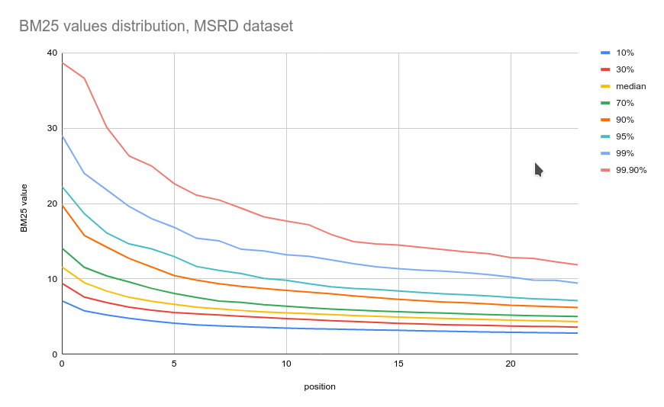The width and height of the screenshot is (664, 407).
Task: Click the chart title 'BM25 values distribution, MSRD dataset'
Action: (156, 26)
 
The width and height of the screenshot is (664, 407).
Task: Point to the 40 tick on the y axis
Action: (52, 53)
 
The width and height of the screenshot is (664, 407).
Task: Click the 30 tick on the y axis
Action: (52, 128)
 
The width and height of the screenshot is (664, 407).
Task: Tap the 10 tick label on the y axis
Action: (52, 279)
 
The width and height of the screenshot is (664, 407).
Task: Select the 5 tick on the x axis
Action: (174, 364)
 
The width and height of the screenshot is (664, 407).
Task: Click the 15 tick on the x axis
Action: (398, 364)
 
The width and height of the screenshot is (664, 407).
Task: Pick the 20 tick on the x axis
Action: (511, 364)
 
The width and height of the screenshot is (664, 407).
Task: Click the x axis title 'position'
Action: (320, 386)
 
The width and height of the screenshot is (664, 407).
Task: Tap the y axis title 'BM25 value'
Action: (24, 207)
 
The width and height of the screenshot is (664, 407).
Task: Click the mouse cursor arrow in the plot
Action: (537, 168)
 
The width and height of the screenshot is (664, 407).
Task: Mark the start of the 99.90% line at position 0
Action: (63, 62)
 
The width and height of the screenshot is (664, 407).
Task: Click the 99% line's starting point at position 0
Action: (63, 136)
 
